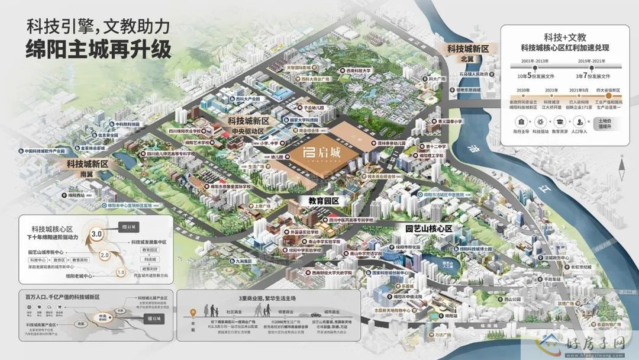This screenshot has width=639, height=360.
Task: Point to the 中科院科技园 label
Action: tap(128, 124)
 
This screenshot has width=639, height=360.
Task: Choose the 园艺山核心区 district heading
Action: tap(429, 228)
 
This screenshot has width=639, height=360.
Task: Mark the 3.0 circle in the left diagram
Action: tap(98, 234)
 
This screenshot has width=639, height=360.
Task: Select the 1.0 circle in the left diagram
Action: tap(121, 272)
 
